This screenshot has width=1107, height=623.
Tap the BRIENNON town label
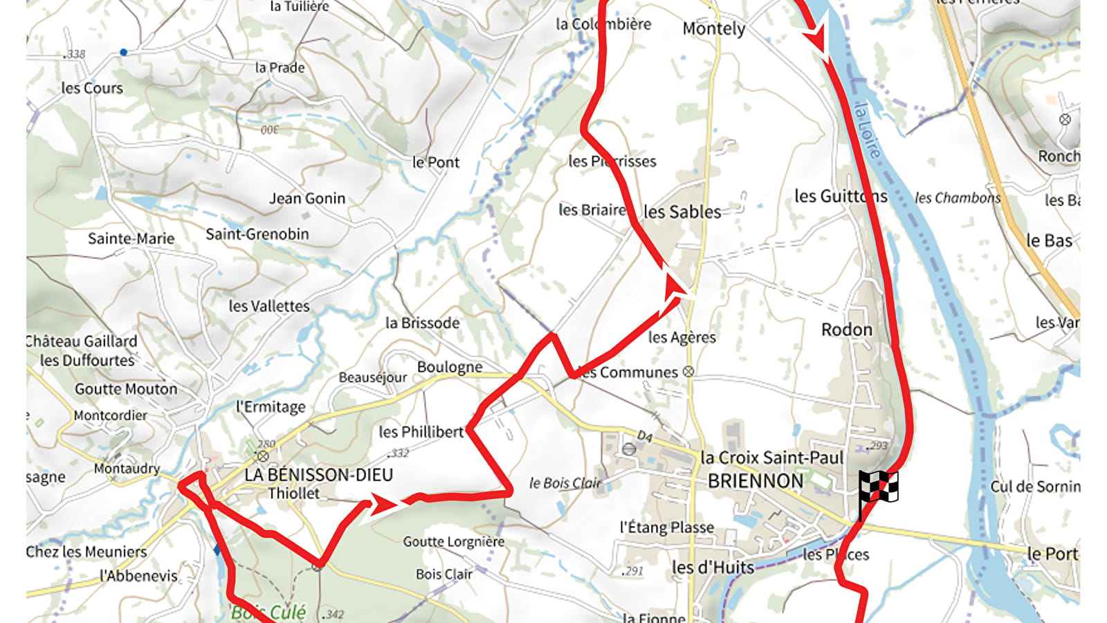(x=756, y=481)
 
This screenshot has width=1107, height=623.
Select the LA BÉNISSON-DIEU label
(x=318, y=475)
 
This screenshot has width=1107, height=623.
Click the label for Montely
(x=713, y=29)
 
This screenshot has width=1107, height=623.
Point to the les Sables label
(x=682, y=212)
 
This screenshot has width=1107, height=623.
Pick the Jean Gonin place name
(x=307, y=199)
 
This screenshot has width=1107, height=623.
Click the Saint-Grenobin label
(x=257, y=234)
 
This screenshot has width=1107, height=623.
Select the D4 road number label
(x=644, y=436)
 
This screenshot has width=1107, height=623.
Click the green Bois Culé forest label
(x=268, y=612)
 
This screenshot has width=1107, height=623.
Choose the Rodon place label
(x=846, y=329)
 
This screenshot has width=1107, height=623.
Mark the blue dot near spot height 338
(x=123, y=52)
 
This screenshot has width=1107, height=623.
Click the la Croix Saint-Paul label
(x=771, y=458)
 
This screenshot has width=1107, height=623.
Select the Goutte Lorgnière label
(x=454, y=542)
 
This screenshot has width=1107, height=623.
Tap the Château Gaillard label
(x=82, y=341)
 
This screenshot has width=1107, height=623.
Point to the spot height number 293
(x=879, y=446)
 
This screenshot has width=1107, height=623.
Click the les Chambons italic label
(x=958, y=198)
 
